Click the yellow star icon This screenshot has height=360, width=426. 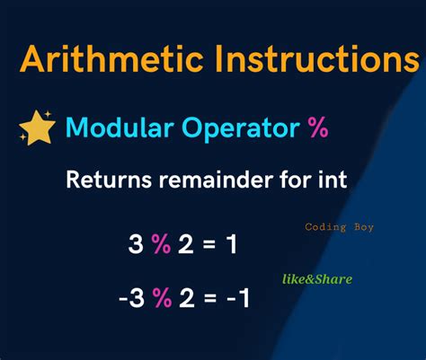(x=37, y=127)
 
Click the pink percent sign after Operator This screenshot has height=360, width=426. (x=317, y=127)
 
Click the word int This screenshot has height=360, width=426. (x=331, y=180)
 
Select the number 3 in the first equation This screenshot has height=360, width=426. (x=136, y=243)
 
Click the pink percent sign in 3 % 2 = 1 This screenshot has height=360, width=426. (x=161, y=243)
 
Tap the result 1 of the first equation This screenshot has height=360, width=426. (x=231, y=243)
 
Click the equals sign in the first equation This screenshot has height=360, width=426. (x=209, y=244)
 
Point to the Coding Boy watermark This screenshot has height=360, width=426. (x=339, y=227)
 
